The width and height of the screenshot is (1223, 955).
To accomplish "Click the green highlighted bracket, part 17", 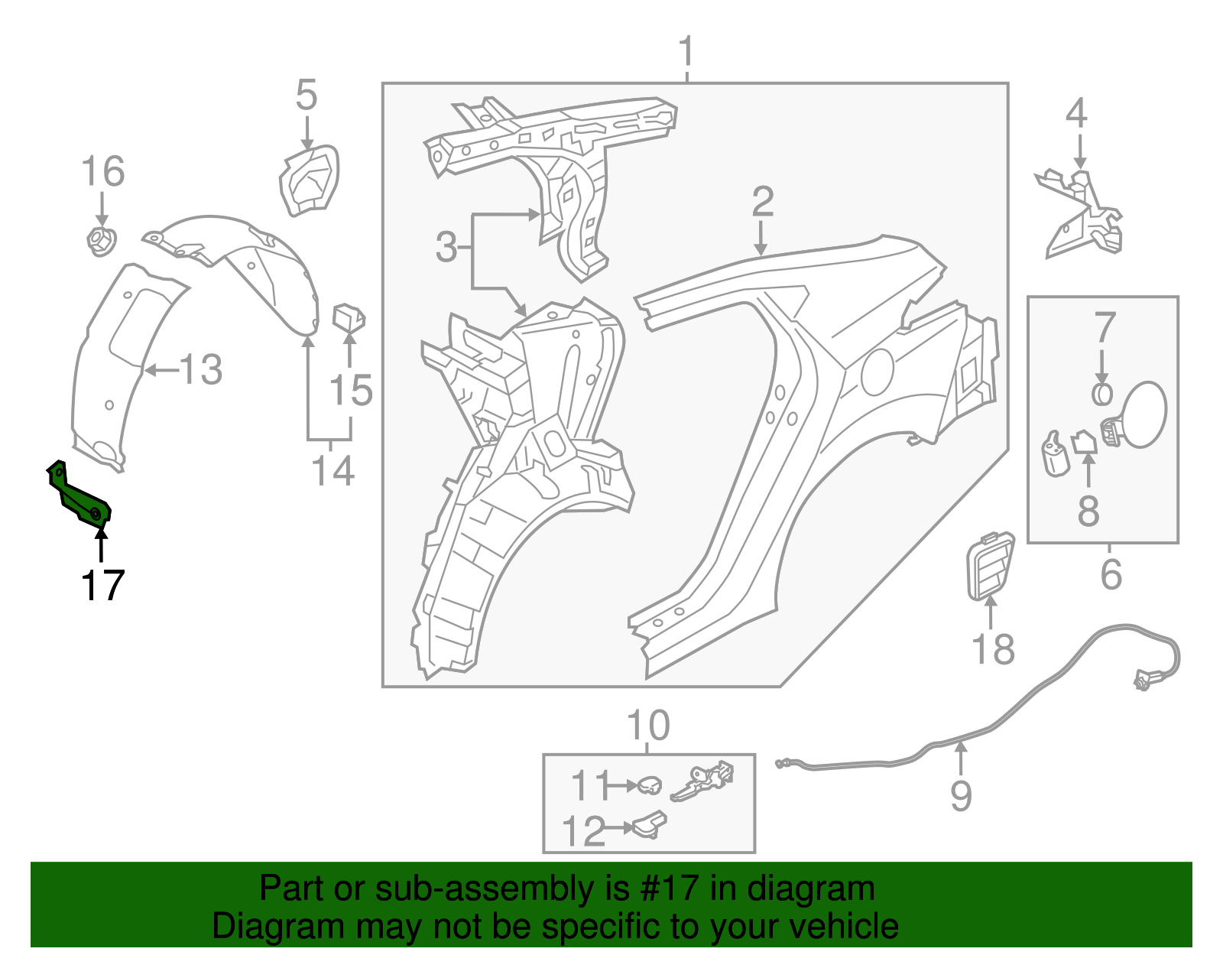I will tap(79, 496).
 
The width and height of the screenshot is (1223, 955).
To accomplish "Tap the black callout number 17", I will tap(102, 586).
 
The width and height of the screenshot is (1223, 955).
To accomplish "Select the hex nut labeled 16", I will tap(101, 241).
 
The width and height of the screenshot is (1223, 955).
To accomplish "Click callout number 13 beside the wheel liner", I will tap(200, 370).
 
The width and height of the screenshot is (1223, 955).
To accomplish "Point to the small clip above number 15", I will tap(349, 317).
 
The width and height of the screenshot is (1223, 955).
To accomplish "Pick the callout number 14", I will tap(333, 470).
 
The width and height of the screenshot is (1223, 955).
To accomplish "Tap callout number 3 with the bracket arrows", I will tap(446, 247).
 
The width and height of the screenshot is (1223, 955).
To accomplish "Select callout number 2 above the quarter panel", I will tap(762, 202).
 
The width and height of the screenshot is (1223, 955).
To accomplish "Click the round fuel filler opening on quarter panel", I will tap(878, 372).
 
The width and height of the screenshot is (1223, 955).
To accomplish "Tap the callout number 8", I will tap(1088, 511).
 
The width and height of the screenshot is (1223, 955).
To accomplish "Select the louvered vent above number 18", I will tap(991, 566).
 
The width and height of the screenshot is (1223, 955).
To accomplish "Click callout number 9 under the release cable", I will tap(961, 795).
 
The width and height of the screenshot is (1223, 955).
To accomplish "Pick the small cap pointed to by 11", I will tap(650, 784).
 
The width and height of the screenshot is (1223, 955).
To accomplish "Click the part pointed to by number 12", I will tap(648, 825).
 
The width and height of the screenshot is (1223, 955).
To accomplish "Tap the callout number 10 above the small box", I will tap(648, 726).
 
